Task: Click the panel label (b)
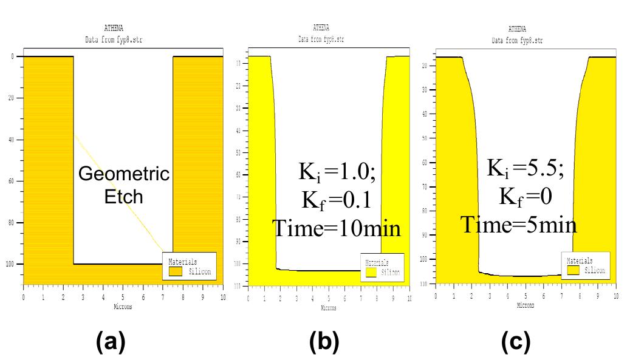(x=323, y=343)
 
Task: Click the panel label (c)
(x=516, y=343)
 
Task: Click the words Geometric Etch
(x=124, y=185)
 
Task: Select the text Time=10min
(x=336, y=228)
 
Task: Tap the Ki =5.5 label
(x=526, y=169)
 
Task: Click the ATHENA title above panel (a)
(x=115, y=29)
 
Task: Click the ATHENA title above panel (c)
(x=518, y=29)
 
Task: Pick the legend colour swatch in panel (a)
(x=176, y=272)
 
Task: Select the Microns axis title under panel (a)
(x=123, y=307)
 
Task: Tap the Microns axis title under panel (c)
(x=526, y=306)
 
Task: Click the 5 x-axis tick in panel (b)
(x=329, y=299)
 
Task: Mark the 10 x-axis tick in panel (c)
(x=615, y=295)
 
